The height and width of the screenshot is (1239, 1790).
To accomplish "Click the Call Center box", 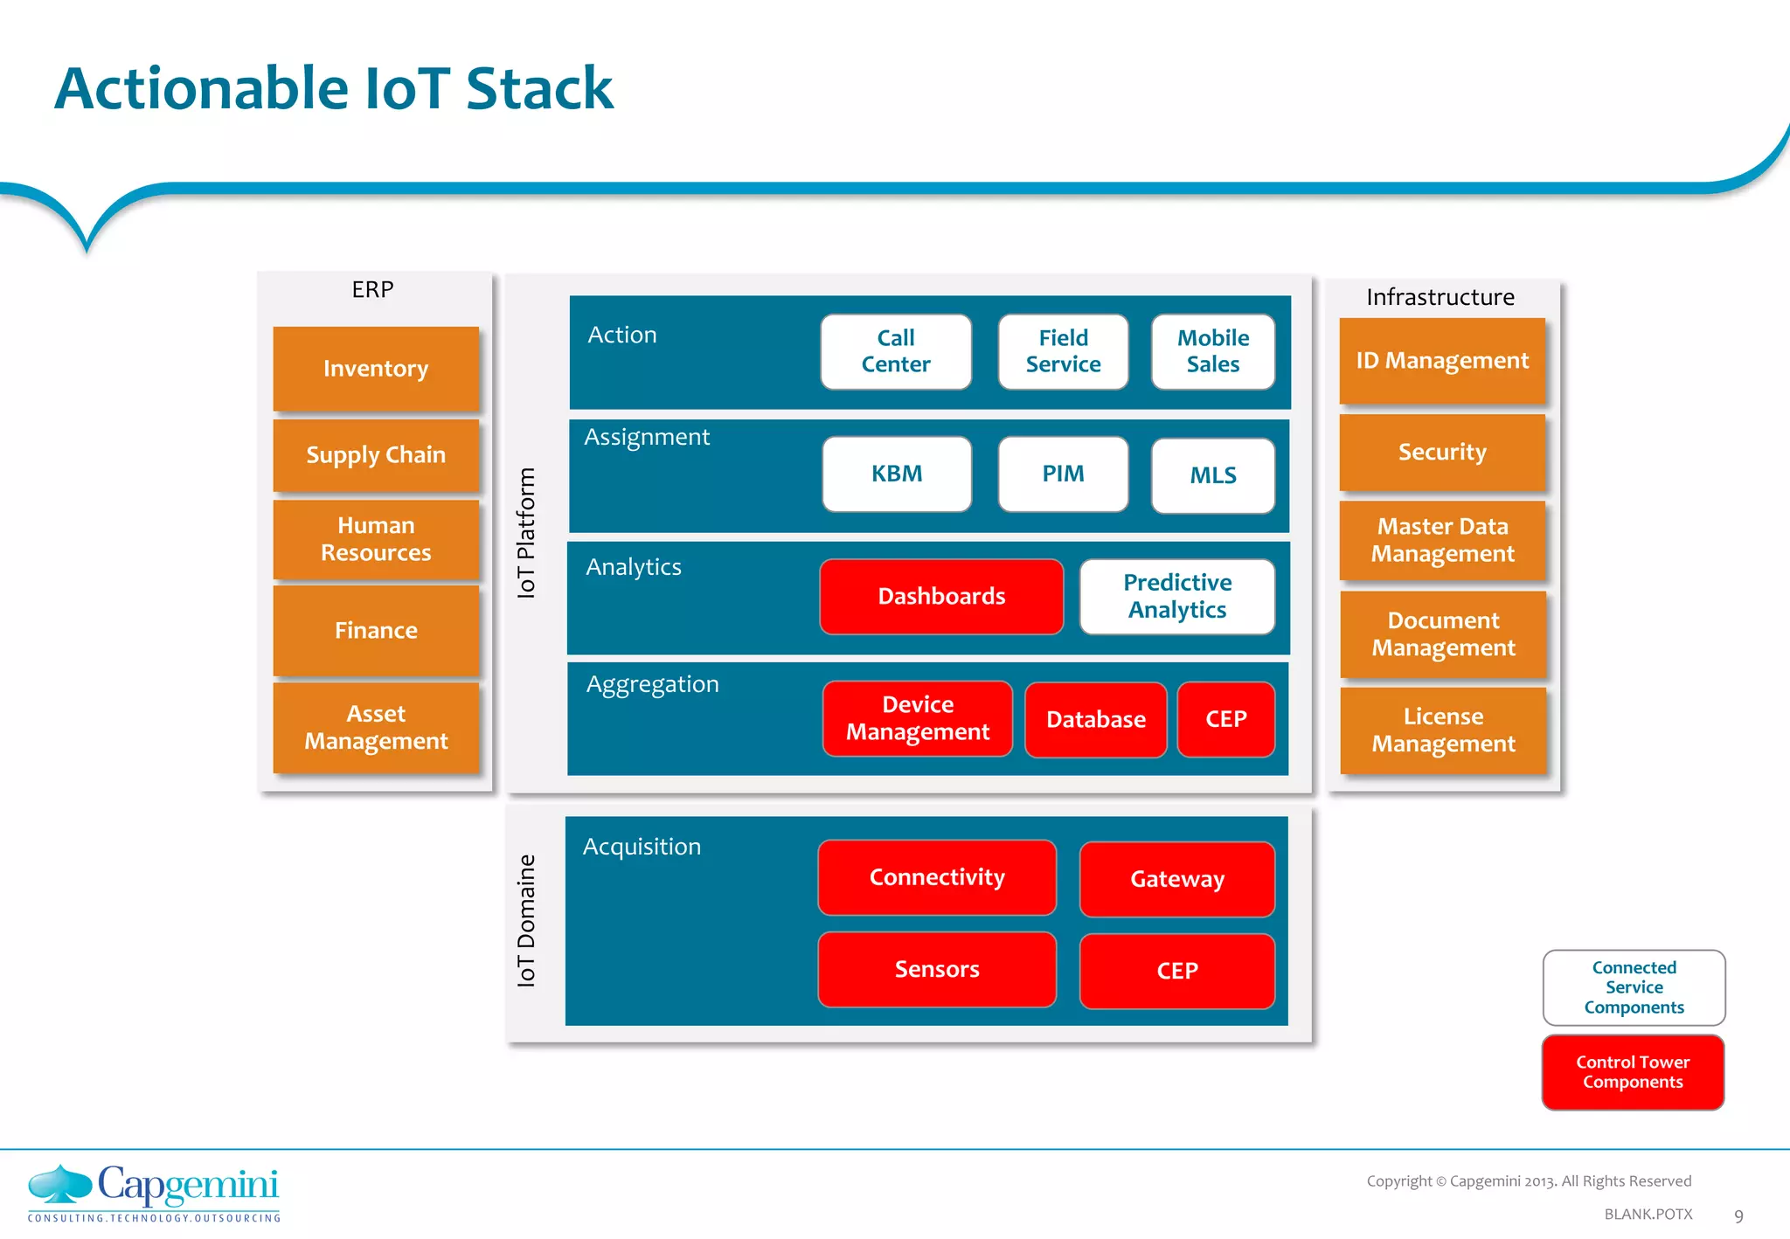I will [896, 351].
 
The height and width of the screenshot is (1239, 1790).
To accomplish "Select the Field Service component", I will [1063, 351].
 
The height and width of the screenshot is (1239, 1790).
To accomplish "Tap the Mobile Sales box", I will [1212, 351].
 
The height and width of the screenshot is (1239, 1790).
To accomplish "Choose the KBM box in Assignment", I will [897, 474].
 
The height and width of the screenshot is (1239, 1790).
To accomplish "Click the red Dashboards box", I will [941, 596].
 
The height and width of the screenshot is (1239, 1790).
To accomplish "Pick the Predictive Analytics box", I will [1176, 596].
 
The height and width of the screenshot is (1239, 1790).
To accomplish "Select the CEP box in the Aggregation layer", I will [1225, 719].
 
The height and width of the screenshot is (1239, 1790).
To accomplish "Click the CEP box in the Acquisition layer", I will [1176, 971].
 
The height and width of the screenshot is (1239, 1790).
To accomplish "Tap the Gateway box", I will [1176, 879].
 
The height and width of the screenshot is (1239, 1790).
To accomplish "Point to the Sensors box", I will [937, 969].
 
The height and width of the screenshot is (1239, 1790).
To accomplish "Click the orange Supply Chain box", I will [376, 455].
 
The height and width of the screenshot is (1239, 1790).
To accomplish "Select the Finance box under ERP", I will [376, 630].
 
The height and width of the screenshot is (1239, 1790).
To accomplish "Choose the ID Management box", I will [1442, 360].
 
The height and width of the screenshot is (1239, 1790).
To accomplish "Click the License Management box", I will [1443, 730].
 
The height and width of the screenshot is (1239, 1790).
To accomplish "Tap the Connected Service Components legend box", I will [1634, 987].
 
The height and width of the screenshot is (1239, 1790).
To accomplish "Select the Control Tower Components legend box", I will [1633, 1072].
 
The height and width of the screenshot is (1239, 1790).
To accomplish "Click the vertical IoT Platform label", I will [525, 533].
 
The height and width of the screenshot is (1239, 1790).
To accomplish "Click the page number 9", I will [1738, 1215].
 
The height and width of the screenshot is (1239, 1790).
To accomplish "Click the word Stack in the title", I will [539, 88].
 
